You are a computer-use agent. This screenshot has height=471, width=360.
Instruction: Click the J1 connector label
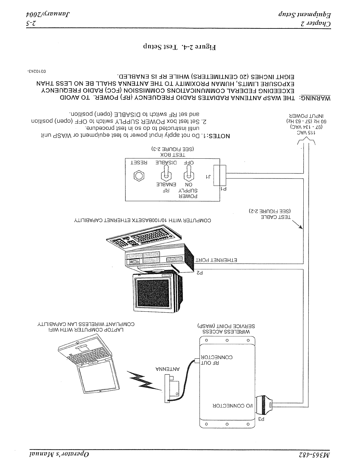point(208,177)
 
